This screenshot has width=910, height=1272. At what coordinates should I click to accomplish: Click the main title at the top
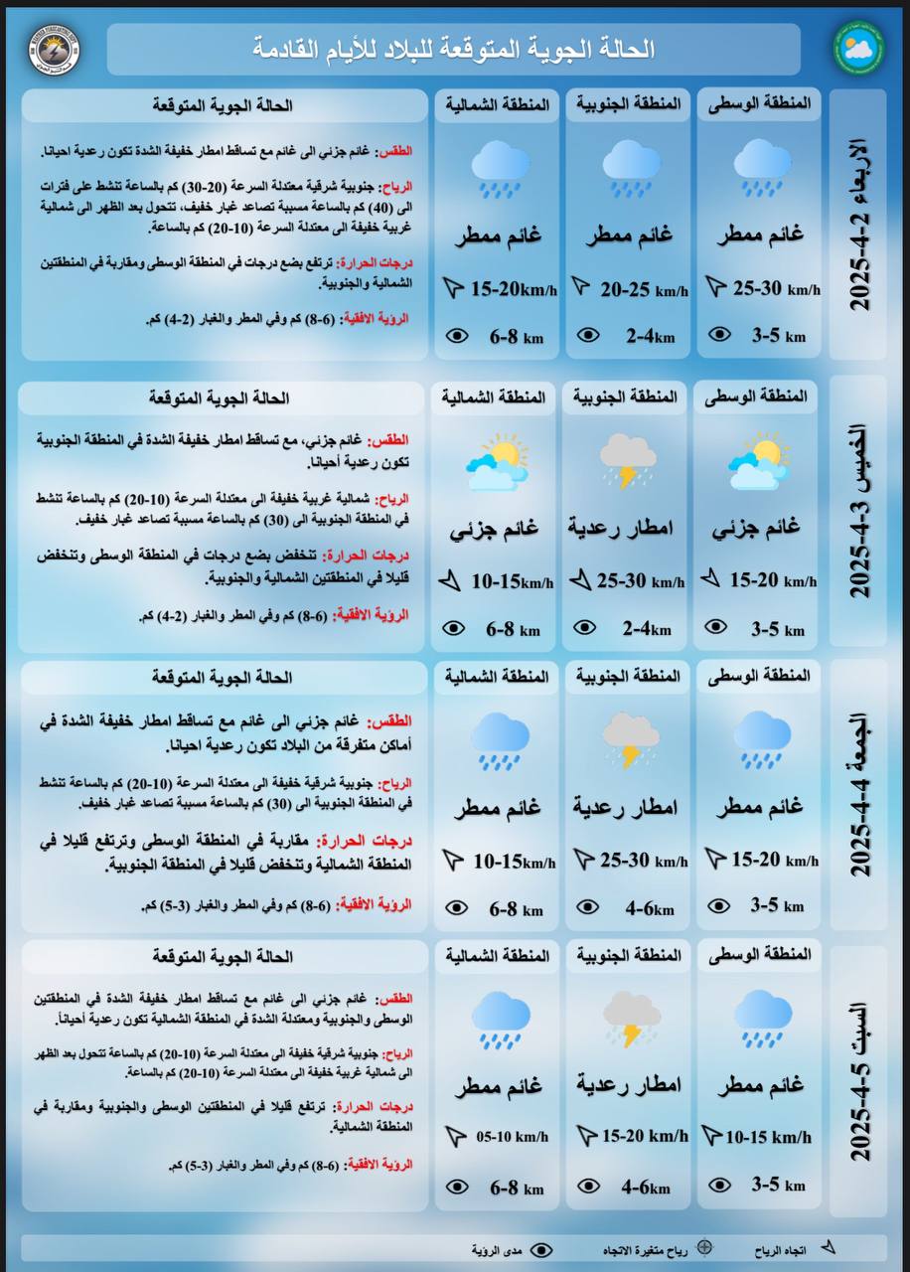point(453,49)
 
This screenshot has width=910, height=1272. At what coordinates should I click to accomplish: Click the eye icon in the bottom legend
point(541,1249)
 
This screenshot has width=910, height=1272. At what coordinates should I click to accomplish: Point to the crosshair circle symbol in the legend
point(704,1248)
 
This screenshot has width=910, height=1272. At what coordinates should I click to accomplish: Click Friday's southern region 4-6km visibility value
point(648,908)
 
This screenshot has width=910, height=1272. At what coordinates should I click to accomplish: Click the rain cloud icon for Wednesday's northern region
point(499,166)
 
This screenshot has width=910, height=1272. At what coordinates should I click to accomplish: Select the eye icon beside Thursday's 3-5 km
point(715,627)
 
